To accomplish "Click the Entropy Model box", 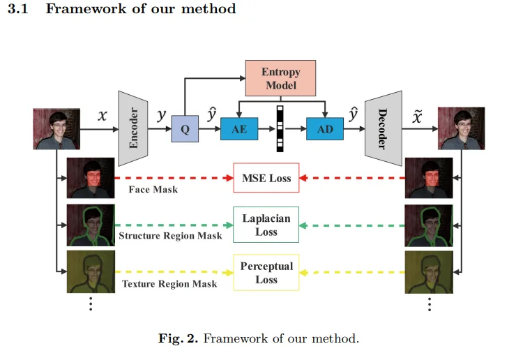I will click(x=280, y=78).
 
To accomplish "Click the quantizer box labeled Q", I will click(x=185, y=129).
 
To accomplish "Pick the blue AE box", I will click(x=239, y=129).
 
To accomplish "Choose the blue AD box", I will click(x=325, y=129).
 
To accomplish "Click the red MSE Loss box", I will click(x=266, y=178).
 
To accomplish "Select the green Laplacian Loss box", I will click(x=266, y=225).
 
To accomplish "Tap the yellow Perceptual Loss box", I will click(x=266, y=273).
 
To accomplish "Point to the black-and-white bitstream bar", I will click(x=281, y=128).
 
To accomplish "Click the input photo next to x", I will click(x=56, y=128).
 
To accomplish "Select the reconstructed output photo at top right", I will click(x=461, y=128).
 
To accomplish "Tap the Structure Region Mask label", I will click(x=170, y=236).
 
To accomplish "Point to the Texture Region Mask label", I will click(x=169, y=283).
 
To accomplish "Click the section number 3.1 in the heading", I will click(x=16, y=9).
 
